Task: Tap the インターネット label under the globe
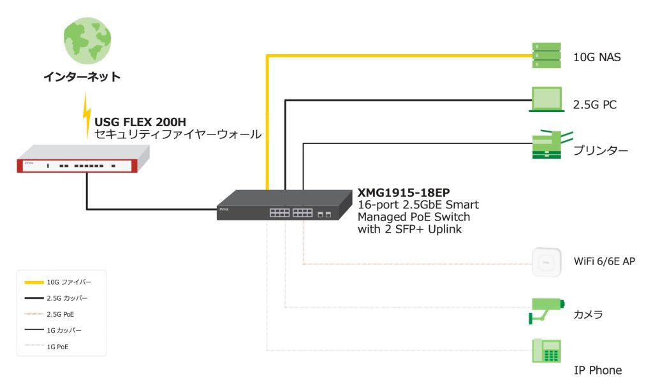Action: (82, 77)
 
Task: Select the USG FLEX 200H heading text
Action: (140, 122)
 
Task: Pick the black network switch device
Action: (284, 206)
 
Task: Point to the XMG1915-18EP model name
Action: (404, 192)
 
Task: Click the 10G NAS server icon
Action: (547, 56)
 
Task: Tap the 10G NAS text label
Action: (597, 57)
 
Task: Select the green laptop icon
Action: (547, 100)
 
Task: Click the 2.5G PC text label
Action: (595, 105)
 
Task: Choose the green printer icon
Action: (549, 145)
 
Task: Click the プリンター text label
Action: (600, 151)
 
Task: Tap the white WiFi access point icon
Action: (547, 261)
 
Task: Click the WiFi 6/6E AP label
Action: (604, 261)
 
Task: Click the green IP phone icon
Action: (546, 351)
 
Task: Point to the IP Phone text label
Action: (597, 370)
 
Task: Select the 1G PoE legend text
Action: (59, 347)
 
